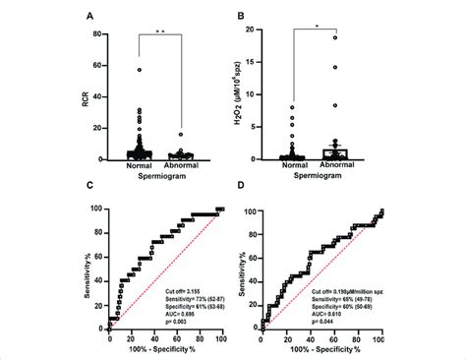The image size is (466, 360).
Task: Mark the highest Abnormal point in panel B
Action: click(x=333, y=38)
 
